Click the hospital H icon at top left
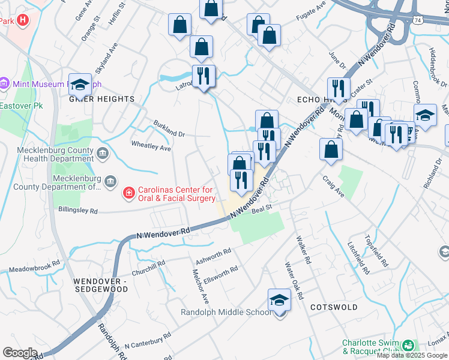point(23,20)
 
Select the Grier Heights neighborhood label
point(101,99)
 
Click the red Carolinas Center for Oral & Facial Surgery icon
point(128,193)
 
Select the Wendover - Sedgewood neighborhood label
point(101,284)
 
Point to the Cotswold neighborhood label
point(334,307)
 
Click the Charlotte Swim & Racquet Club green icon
point(408,346)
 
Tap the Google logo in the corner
point(19,353)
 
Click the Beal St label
point(262,208)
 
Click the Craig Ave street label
point(333,185)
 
